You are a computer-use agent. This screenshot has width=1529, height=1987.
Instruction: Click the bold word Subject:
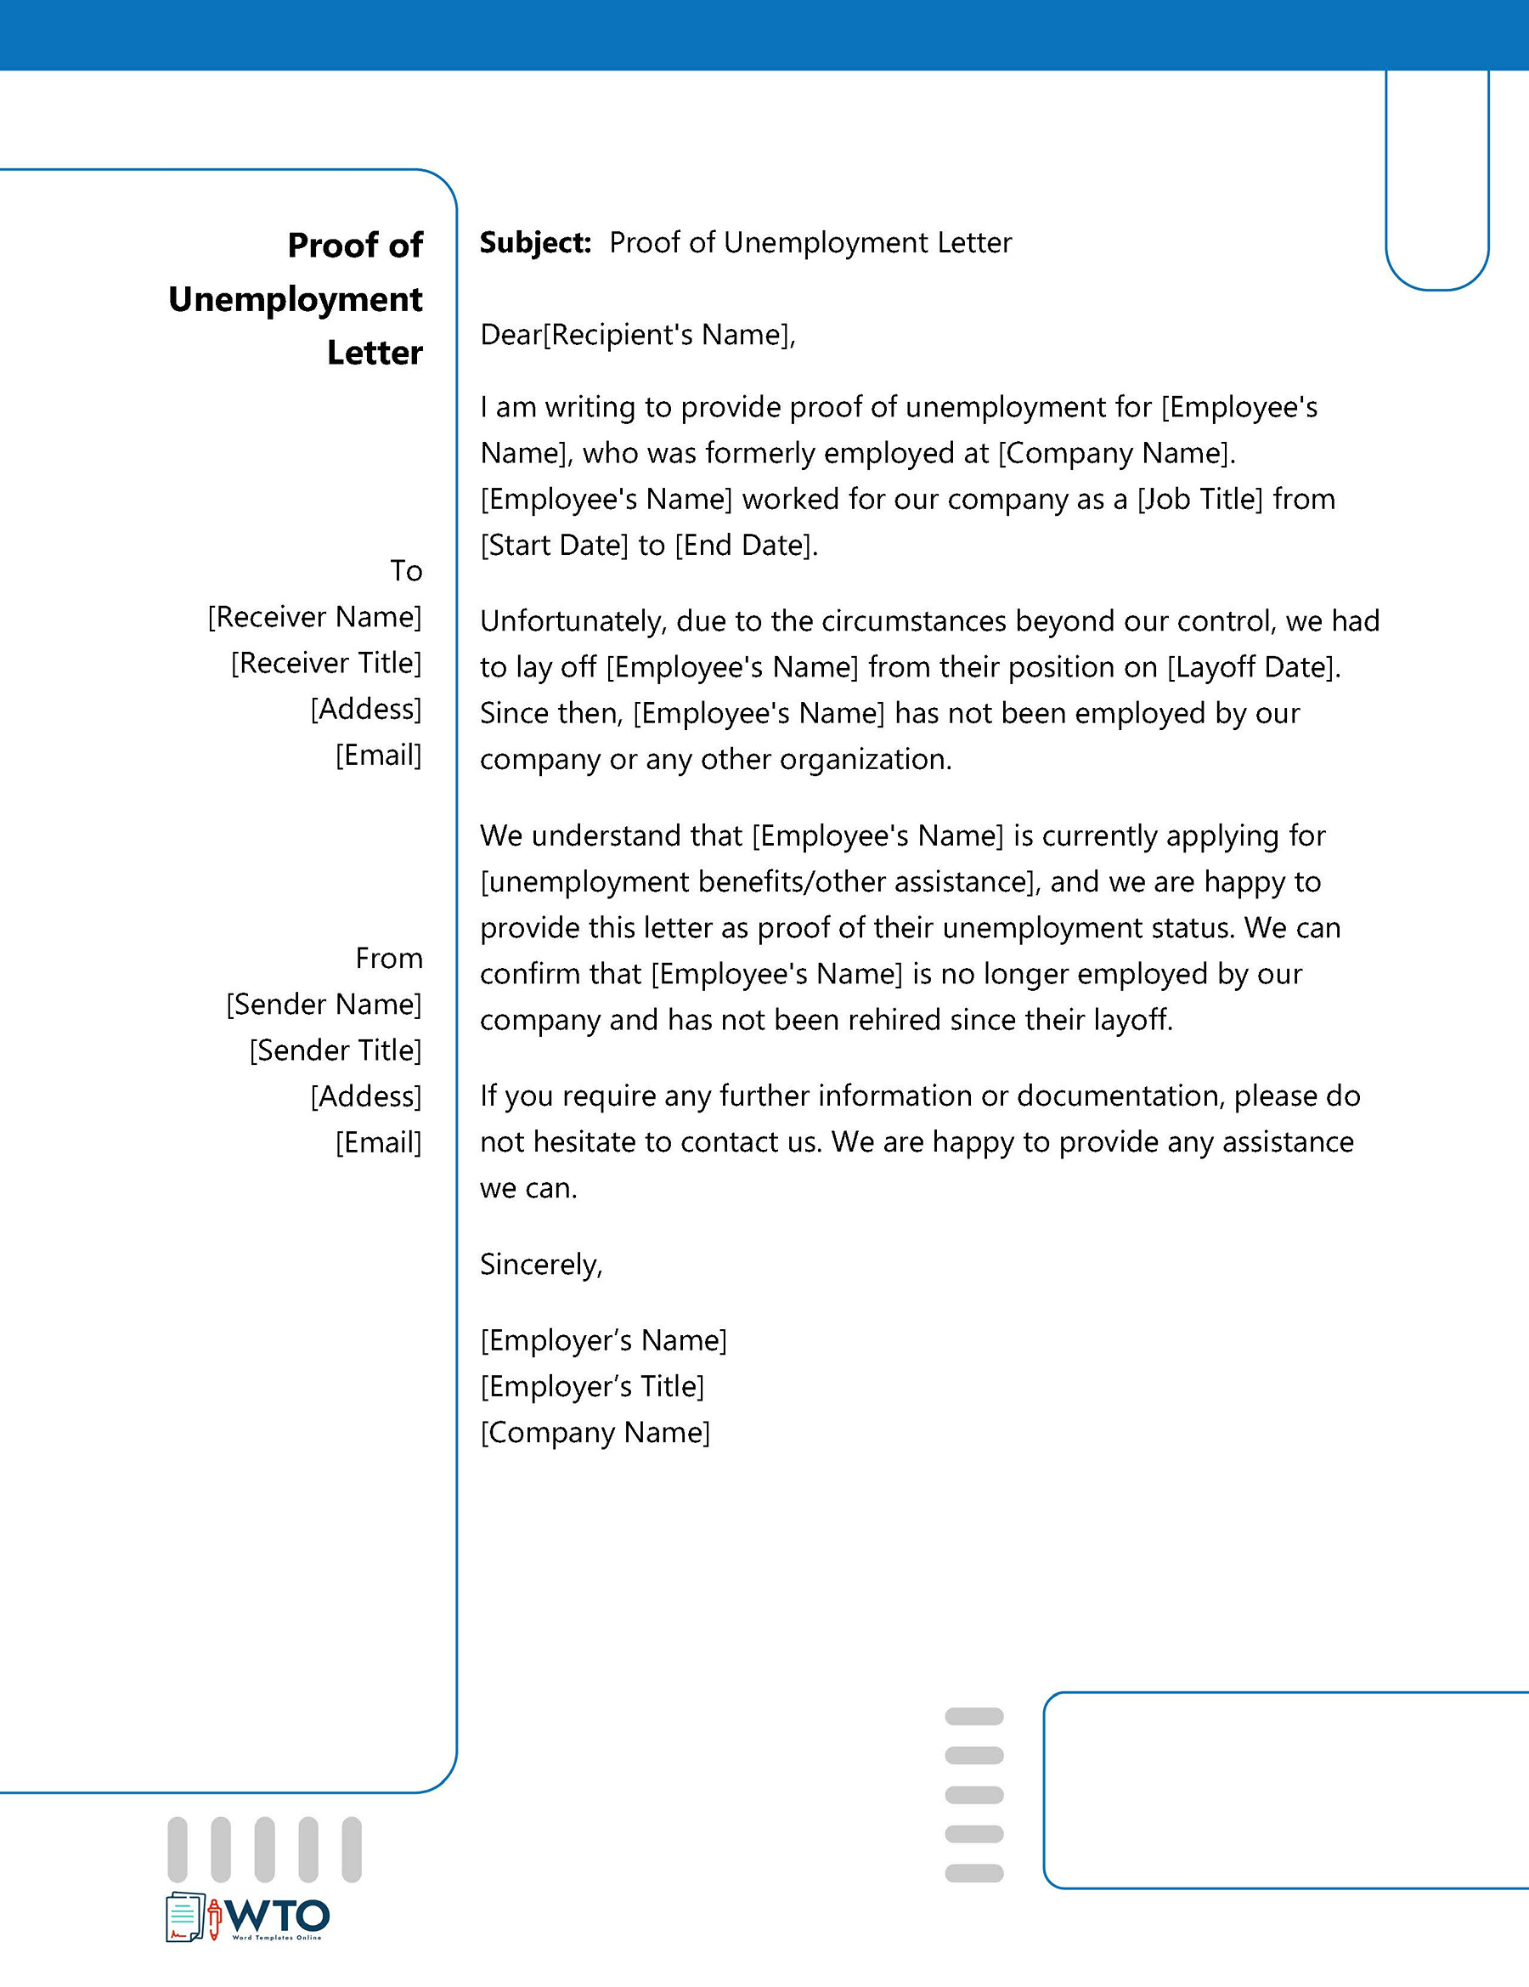tap(535, 243)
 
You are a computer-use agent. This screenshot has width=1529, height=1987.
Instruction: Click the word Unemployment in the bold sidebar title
tap(295, 299)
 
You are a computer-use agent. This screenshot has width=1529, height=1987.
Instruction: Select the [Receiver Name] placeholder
tap(314, 617)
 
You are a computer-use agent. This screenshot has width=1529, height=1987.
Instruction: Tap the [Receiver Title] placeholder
tap(325, 663)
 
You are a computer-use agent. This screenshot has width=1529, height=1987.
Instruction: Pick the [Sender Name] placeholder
tap(324, 1005)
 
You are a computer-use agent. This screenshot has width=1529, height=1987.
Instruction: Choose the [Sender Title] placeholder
tap(335, 1050)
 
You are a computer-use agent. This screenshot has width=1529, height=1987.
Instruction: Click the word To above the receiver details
tap(406, 570)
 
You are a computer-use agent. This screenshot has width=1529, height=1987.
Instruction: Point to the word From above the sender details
tap(388, 958)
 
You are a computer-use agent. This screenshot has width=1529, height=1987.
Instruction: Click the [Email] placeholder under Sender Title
tap(378, 1143)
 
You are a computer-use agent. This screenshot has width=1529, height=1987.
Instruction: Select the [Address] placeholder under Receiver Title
tap(365, 709)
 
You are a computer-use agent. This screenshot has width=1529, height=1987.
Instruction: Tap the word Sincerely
tap(540, 1265)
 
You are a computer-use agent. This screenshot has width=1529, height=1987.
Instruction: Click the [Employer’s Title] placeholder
tap(592, 1386)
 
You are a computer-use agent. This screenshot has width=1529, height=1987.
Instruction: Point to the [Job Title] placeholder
tap(1199, 500)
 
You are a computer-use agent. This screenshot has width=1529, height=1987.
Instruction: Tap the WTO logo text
tap(277, 1918)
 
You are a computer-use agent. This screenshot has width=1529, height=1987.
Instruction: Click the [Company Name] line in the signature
tap(595, 1433)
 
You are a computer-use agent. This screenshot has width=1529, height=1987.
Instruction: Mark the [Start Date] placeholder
tap(554, 545)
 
